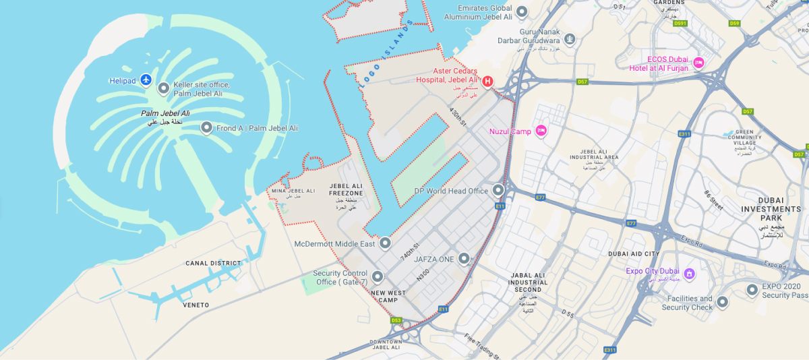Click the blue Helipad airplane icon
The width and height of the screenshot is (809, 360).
coord(146,80)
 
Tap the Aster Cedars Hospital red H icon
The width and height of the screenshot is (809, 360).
coord(487,82)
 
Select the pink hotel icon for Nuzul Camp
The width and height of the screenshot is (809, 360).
coord(541,131)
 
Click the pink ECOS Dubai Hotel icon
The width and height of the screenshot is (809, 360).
coord(698,63)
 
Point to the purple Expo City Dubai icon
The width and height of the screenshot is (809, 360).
coord(689,274)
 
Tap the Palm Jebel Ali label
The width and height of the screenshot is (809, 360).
coord(165,114)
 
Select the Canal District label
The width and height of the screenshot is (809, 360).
coord(214,264)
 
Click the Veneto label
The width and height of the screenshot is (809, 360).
coord(196,305)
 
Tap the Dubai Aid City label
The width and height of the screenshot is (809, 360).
coord(633,254)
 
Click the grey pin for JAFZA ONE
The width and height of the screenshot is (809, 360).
coord(464,258)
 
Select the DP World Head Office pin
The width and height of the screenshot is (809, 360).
coord(498,190)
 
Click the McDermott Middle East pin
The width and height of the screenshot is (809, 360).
coord(385,243)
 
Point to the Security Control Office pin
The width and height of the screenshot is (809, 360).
coord(378,276)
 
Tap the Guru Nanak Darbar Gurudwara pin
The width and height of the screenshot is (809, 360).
coord(570,39)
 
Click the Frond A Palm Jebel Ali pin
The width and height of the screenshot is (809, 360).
coord(206,127)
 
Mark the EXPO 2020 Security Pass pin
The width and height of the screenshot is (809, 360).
coord(752,290)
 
